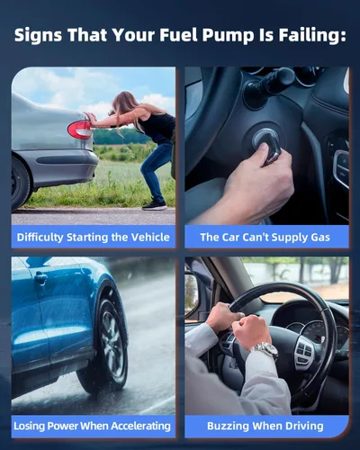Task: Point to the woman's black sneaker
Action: (x=155, y=205)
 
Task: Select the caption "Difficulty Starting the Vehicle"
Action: (x=94, y=238)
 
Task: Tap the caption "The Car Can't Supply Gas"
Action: (x=265, y=238)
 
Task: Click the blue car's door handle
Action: (x=40, y=278)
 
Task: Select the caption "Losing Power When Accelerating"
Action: (x=92, y=426)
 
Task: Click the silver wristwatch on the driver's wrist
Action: (x=265, y=350)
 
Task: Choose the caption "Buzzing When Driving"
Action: (x=265, y=426)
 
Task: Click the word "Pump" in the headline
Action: (x=228, y=36)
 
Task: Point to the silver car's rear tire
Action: (x=21, y=184)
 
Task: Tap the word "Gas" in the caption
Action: (x=320, y=238)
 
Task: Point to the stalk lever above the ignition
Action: (x=267, y=84)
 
